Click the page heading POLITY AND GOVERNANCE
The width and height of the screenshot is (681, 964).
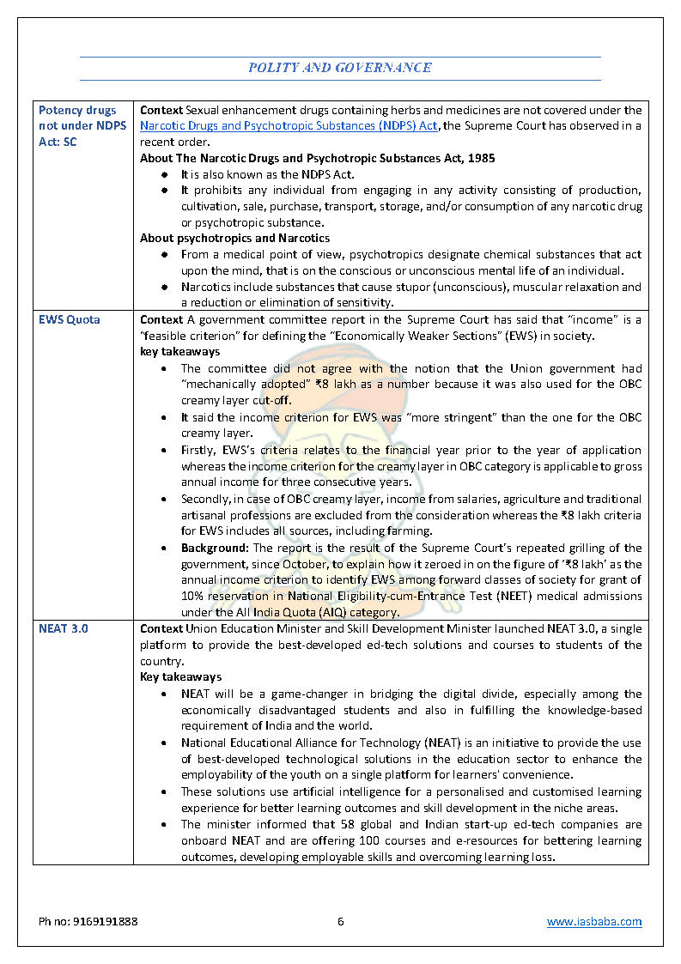coord(340,68)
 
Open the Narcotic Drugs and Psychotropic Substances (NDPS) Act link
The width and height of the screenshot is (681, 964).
coord(289,126)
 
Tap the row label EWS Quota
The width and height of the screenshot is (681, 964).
coord(69,319)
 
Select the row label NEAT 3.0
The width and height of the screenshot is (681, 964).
coord(64,628)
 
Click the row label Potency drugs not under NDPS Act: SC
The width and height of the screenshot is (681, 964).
coord(82,126)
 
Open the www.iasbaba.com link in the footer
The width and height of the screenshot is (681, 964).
coord(594,922)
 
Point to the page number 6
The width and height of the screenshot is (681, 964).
coord(340,922)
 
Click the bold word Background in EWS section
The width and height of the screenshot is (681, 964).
coord(214,548)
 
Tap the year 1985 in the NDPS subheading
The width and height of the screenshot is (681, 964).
coord(481,158)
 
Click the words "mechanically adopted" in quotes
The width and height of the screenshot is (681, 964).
coord(234,385)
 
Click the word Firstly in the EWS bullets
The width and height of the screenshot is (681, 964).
coord(198,450)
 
